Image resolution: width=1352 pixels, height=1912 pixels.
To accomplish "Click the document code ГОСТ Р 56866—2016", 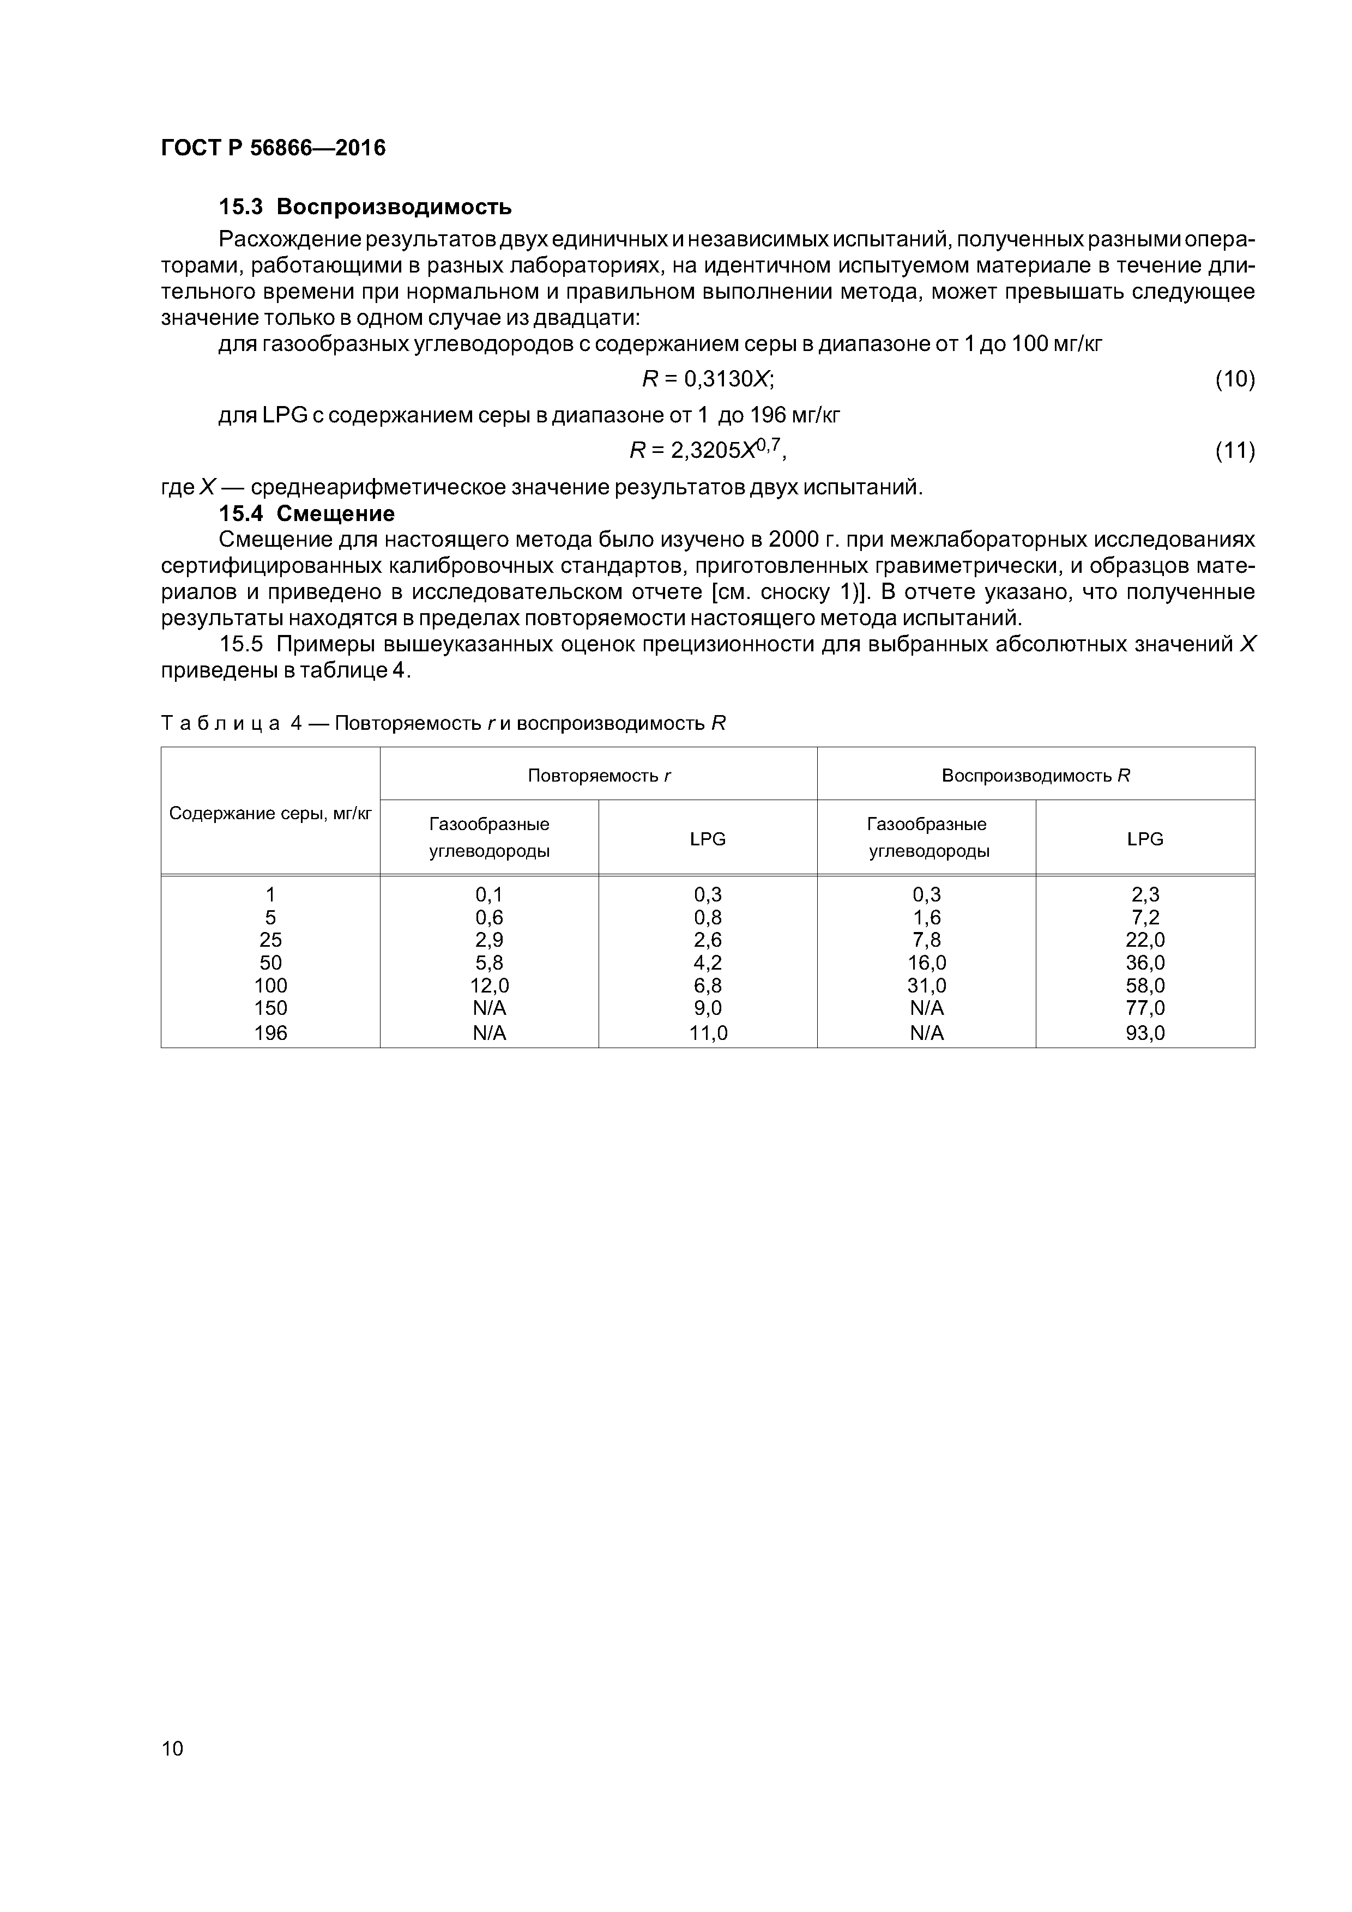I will (x=273, y=148).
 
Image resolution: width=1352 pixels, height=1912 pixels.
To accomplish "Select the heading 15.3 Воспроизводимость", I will (x=365, y=207).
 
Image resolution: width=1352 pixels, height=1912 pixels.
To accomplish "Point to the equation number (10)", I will (x=1234, y=380).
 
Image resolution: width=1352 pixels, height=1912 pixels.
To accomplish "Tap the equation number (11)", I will (x=1234, y=451).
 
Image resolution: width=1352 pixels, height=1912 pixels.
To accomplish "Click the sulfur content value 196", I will (x=270, y=1033).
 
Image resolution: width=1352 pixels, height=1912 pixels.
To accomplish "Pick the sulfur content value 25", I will (x=270, y=939).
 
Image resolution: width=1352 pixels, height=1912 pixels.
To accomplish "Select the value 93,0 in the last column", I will (x=1145, y=1033).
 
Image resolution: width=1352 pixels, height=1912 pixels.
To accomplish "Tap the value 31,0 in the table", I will (x=926, y=986).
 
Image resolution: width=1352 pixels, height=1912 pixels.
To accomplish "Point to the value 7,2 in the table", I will (x=1145, y=917).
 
